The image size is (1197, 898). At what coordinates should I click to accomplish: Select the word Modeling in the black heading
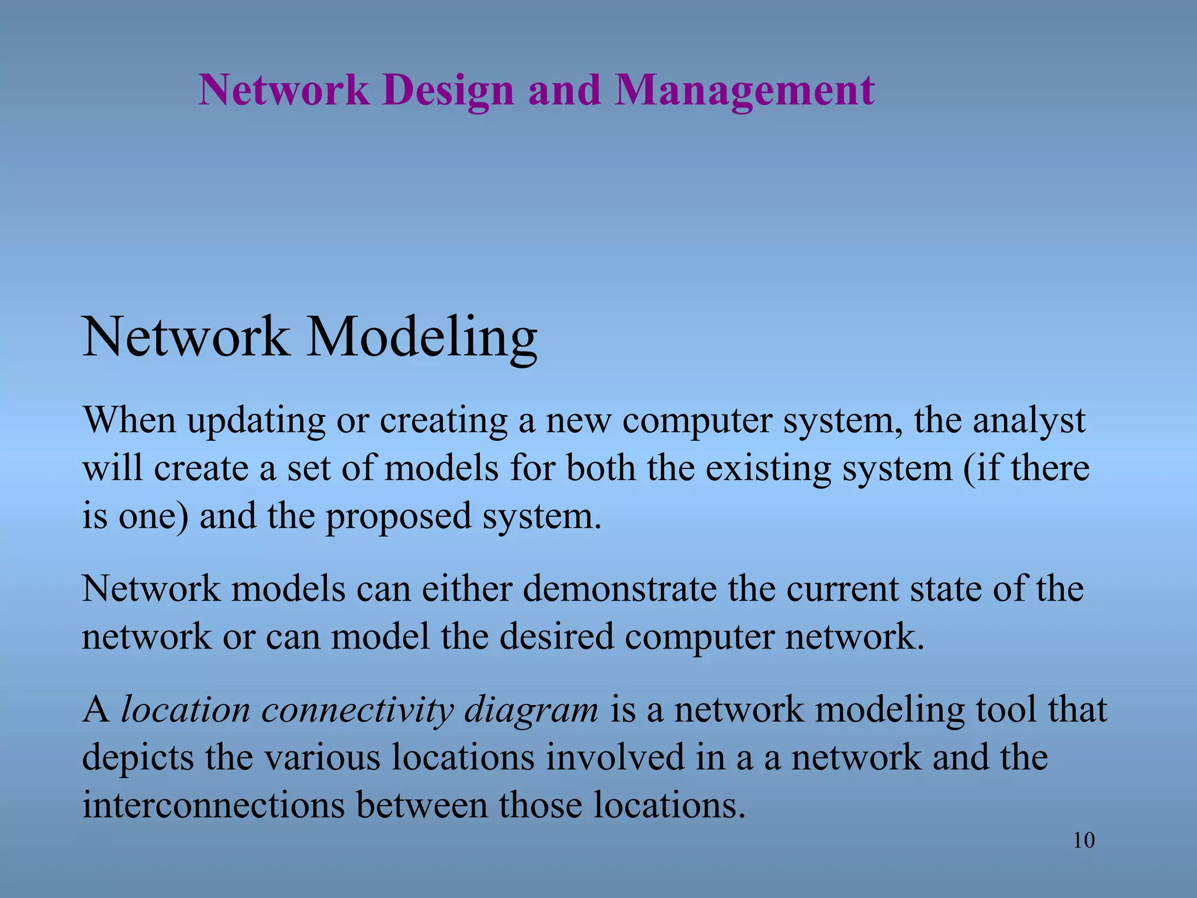[x=421, y=338]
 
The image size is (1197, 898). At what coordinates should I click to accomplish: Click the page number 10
[x=1084, y=840]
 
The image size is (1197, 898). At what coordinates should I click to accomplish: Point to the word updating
[x=256, y=421]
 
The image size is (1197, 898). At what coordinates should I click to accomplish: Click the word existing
[x=768, y=469]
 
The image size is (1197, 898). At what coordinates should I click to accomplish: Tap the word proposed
[x=398, y=517]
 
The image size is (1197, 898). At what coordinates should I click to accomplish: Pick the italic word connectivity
[x=357, y=710]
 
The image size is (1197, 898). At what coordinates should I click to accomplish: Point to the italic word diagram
[x=531, y=710]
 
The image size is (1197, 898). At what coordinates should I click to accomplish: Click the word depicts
[x=138, y=758]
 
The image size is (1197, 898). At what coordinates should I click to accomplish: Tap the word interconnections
[x=213, y=806]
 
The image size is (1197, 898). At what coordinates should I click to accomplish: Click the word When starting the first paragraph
[x=129, y=421]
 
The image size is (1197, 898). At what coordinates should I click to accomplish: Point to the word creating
[x=444, y=421]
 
